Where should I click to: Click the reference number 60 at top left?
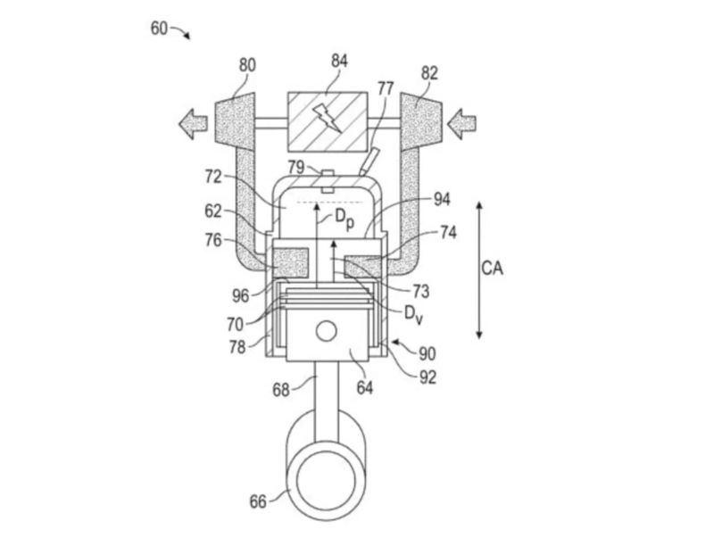[160, 29]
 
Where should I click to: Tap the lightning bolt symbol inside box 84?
[327, 119]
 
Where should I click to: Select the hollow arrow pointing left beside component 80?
[193, 124]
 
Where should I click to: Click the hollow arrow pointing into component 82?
[461, 124]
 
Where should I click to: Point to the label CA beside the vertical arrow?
[493, 268]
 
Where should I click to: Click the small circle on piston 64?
[326, 330]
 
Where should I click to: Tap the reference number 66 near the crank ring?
[258, 501]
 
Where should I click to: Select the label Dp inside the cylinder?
[345, 219]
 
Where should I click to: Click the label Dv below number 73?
[413, 315]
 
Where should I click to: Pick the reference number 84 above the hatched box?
[339, 61]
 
